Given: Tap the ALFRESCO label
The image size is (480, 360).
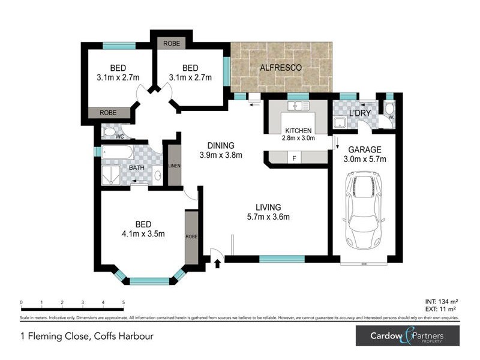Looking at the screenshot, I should [280, 68].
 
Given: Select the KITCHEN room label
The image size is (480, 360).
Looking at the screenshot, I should [298, 131].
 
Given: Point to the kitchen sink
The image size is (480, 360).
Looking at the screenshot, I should [297, 106].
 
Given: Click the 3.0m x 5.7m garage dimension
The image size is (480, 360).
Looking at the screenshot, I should [364, 159].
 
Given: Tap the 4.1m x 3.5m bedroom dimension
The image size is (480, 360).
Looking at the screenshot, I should [143, 234].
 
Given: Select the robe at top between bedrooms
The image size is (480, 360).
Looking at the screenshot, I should [171, 44].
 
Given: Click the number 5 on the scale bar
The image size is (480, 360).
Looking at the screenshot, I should [123, 302].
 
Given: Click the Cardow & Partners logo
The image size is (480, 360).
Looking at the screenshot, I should [407, 335].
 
